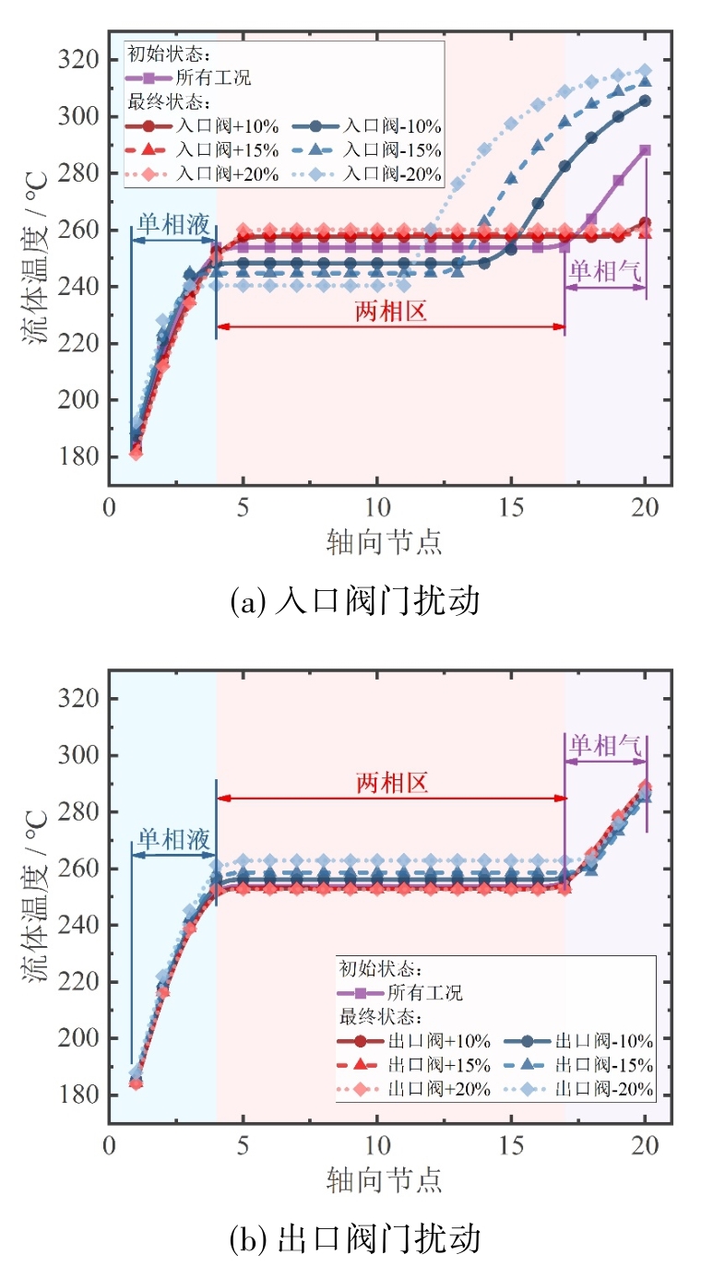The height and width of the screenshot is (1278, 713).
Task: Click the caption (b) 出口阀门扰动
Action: [x=355, y=1238]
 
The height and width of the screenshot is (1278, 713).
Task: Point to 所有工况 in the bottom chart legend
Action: [x=424, y=993]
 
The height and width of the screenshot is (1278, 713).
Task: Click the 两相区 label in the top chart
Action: [x=390, y=312]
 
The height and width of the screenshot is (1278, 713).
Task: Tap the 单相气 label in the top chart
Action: [x=604, y=270]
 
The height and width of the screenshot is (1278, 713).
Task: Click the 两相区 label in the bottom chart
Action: [x=392, y=784]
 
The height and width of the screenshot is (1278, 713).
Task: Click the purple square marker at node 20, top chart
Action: [x=645, y=149]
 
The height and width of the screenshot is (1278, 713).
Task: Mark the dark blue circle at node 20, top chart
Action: [x=645, y=101]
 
